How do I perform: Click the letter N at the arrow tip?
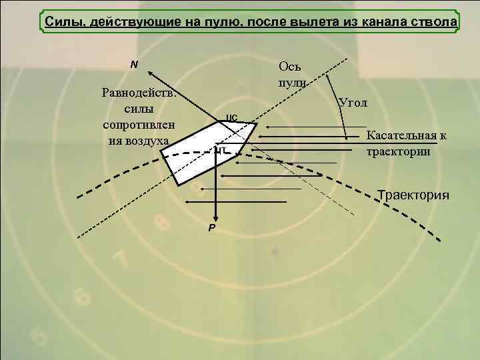tap(134, 65)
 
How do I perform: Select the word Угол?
tap(353, 103)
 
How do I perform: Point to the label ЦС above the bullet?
tap(232, 117)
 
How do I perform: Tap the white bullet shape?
tap(200, 150)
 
